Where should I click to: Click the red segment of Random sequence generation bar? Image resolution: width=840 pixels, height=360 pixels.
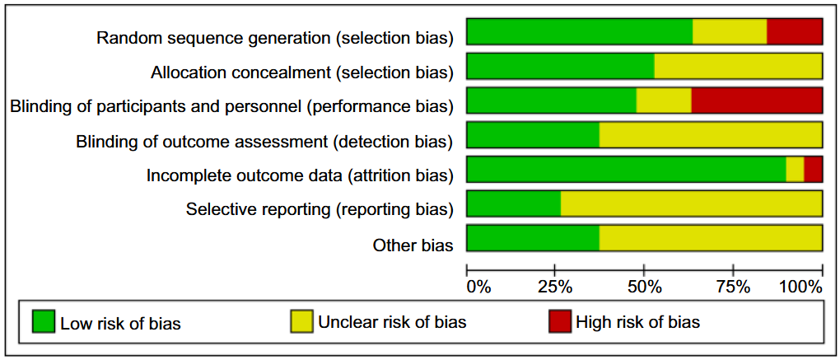794,31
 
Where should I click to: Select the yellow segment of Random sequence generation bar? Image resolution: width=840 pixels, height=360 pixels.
729,31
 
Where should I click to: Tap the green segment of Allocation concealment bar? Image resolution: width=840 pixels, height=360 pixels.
560,66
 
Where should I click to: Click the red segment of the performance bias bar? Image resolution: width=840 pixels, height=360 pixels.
756,101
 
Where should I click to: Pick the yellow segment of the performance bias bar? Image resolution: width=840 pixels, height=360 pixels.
663,101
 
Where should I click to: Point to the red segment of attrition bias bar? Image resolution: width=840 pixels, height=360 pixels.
813,169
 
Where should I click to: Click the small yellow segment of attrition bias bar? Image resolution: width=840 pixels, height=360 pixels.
795,169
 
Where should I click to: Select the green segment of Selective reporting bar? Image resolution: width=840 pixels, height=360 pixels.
513,203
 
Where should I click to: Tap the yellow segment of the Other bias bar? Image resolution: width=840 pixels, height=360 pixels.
710,238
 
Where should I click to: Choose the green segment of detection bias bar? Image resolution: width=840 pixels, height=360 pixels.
533,135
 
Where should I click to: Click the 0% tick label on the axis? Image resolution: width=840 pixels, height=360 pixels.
478,288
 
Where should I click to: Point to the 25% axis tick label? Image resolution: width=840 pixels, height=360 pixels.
556,288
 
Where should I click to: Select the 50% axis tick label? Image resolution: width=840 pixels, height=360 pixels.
645,288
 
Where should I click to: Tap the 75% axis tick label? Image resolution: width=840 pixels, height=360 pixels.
733,288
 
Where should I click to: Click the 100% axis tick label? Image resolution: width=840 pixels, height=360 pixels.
800,288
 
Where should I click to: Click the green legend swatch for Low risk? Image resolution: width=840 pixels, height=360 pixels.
43,322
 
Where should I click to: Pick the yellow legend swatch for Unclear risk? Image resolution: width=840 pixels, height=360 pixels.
301,322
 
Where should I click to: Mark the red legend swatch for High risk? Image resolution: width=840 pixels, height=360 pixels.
559,322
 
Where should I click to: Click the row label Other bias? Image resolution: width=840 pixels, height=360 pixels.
413,245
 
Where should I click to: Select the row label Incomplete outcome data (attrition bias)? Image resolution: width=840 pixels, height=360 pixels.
300,175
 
